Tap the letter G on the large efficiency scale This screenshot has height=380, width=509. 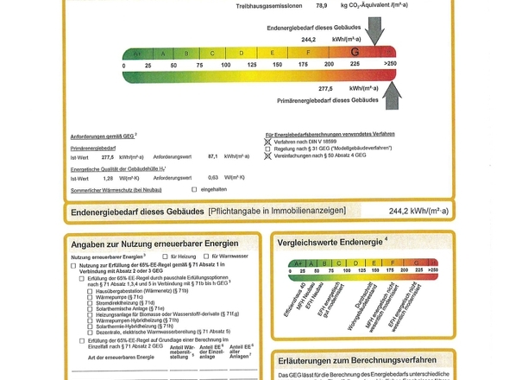[x=355, y=53]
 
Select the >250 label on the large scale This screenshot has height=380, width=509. [x=390, y=65]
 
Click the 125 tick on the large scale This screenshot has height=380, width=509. [x=253, y=65]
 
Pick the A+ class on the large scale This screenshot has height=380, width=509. [x=135, y=54]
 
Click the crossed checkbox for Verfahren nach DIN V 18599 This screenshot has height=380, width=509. [x=267, y=141]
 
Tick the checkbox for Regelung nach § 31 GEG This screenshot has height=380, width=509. [x=267, y=149]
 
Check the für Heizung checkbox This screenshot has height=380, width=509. [x=165, y=256]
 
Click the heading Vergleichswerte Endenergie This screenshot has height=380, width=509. [x=332, y=241]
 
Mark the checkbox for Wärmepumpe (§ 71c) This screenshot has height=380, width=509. [x=90, y=296]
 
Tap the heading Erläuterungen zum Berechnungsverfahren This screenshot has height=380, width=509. [x=353, y=359]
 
